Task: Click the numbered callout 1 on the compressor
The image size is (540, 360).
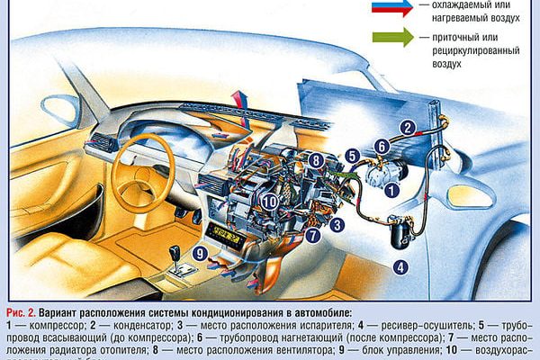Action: [391, 189]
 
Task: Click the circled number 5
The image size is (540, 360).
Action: [353, 154]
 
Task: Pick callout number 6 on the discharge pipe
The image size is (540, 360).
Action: [381, 146]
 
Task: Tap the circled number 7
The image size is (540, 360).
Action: [312, 237]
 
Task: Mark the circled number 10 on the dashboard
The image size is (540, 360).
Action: [271, 202]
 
